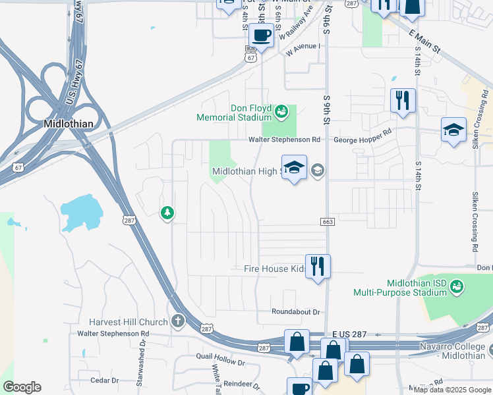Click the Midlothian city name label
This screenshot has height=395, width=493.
pyautogui.click(x=69, y=123)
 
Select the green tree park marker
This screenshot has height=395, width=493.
pyautogui.click(x=167, y=212)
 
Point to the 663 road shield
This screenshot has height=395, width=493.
pyautogui.click(x=327, y=222)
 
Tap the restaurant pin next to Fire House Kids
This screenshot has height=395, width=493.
pyautogui.click(x=318, y=267)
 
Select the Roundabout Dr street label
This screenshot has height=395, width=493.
pyautogui.click(x=295, y=311)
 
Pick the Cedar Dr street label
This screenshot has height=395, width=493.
pyautogui.click(x=104, y=380)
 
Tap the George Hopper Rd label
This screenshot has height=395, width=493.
pyautogui.click(x=362, y=140)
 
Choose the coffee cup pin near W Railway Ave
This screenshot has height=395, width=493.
pyautogui.click(x=262, y=35)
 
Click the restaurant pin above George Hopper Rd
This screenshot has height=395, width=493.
pyautogui.click(x=403, y=100)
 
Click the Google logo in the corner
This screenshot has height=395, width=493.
pyautogui.click(x=22, y=387)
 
